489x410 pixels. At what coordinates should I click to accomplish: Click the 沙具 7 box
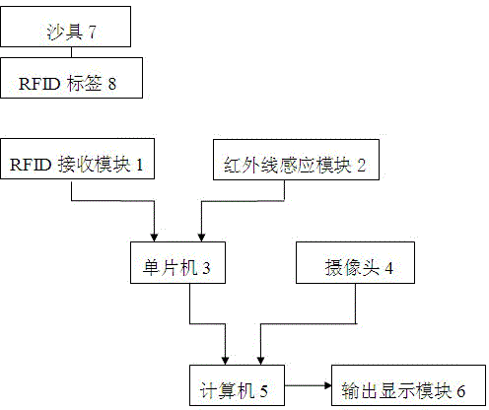65,27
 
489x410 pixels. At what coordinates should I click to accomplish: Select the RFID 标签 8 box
71,78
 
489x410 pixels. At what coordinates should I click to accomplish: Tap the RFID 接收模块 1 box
77,159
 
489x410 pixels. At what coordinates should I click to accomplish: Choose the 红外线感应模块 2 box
296,160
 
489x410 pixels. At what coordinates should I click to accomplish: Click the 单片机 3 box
177,263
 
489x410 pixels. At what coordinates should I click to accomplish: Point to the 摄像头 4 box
355,263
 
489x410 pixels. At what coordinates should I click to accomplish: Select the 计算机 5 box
237,385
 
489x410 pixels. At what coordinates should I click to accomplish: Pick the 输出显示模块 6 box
408,385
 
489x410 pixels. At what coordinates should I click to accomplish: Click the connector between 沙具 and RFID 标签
71,52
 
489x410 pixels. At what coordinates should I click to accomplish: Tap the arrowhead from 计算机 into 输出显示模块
328,385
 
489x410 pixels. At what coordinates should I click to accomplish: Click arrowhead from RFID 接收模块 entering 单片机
154,238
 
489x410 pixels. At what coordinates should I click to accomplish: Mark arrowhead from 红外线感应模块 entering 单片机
201,238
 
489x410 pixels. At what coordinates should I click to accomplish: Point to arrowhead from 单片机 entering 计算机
225,361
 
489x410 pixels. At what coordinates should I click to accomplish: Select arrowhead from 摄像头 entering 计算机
260,361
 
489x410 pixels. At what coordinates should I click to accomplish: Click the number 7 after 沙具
93,33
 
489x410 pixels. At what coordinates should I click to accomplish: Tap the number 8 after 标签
112,84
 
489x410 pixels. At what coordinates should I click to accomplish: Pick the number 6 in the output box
461,391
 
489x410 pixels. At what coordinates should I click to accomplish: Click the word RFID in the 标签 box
39,84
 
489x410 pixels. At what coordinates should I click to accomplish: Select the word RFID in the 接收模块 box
31,165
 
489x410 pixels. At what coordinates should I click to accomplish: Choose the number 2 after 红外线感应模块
362,166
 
